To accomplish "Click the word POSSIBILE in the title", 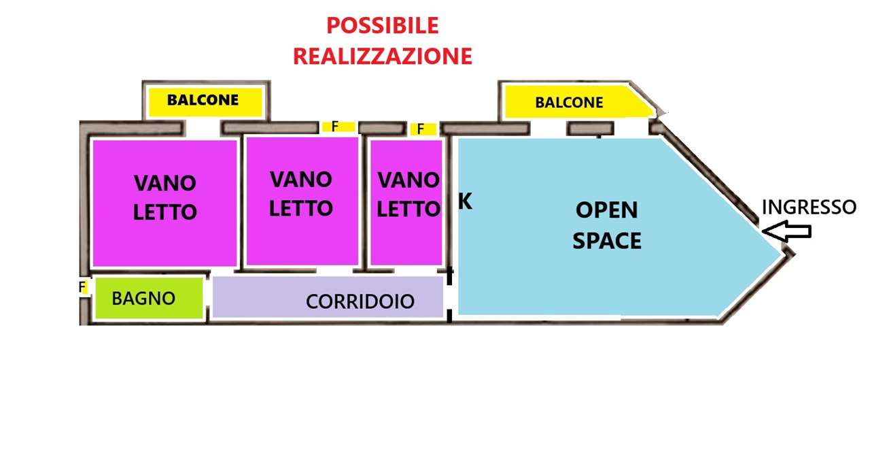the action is pyautogui.click(x=383, y=26).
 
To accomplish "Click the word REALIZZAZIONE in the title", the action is pyautogui.click(x=383, y=56).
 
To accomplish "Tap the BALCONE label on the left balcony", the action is pyautogui.click(x=203, y=100).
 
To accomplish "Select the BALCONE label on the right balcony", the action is pyautogui.click(x=569, y=103).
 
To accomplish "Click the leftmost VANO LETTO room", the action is pyautogui.click(x=164, y=203).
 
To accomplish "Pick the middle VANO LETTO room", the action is pyautogui.click(x=302, y=201).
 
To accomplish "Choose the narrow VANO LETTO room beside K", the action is pyautogui.click(x=406, y=202).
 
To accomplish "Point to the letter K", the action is pyautogui.click(x=465, y=201).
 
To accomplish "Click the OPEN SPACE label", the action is pyautogui.click(x=607, y=225).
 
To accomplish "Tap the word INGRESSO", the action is pyautogui.click(x=809, y=207).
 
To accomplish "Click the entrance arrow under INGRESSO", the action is pyautogui.click(x=786, y=231).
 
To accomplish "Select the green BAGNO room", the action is pyautogui.click(x=149, y=298).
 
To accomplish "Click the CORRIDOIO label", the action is pyautogui.click(x=360, y=301).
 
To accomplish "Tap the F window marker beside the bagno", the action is pyautogui.click(x=83, y=287).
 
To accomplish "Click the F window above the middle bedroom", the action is pyautogui.click(x=338, y=127).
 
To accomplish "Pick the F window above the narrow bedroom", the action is pyautogui.click(x=423, y=129).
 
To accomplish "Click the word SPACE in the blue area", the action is pyautogui.click(x=607, y=241).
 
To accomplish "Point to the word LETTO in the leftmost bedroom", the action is pyautogui.click(x=164, y=212).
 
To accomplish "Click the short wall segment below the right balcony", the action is pyautogui.click(x=591, y=129).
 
